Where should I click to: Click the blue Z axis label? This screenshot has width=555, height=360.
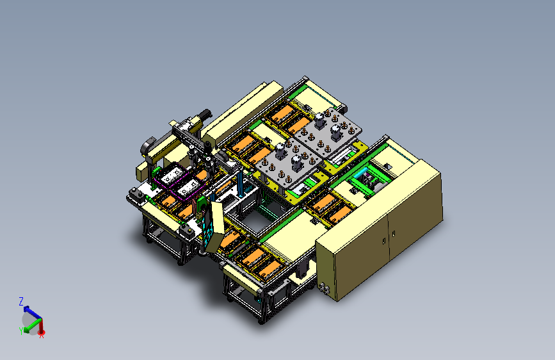[x=21, y=302]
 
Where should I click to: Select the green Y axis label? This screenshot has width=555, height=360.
[x=21, y=331]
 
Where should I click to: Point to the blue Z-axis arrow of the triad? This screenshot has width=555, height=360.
[x=32, y=313]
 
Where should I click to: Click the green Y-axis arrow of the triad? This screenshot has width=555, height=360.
[x=32, y=325]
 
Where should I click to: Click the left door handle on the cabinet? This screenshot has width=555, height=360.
[x=384, y=241]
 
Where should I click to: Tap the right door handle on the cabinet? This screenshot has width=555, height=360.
[x=394, y=234]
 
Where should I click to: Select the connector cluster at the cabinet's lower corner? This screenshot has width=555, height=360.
[x=324, y=288]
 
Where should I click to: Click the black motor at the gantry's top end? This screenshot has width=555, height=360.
[x=205, y=115]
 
